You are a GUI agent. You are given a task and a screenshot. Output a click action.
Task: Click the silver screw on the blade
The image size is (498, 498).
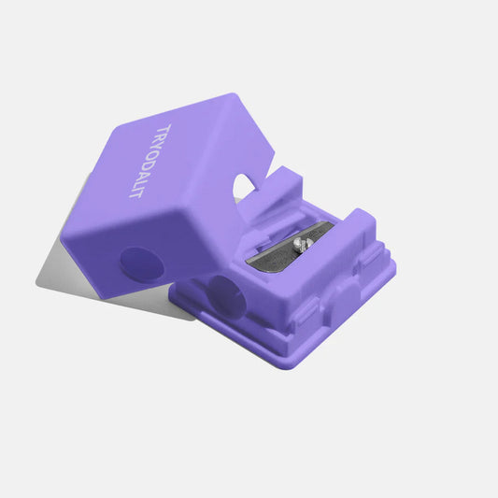(300, 244)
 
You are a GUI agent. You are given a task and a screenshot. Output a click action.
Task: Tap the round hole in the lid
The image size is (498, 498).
(140, 264)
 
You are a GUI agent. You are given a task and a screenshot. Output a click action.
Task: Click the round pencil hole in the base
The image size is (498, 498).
(223, 297)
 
